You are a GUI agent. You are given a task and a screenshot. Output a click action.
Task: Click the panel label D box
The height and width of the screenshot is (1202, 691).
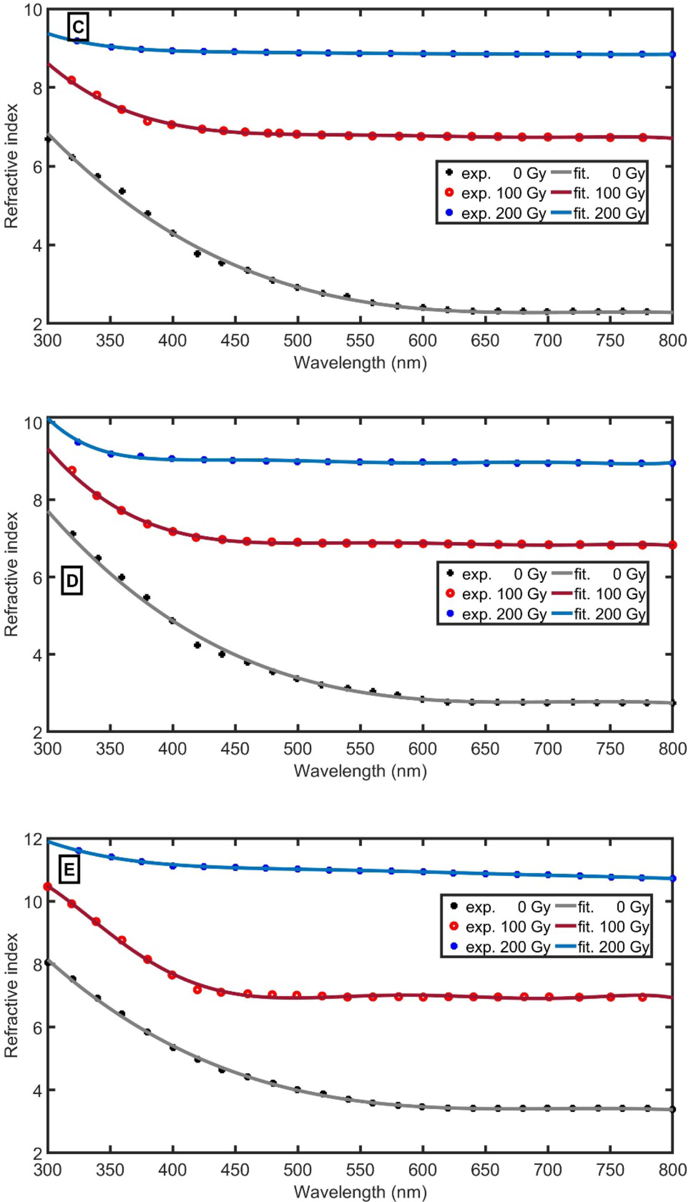tap(72, 581)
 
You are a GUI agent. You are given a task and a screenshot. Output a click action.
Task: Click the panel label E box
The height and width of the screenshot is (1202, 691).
tap(69, 870)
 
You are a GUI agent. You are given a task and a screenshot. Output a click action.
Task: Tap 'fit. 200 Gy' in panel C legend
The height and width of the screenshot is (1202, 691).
tap(609, 213)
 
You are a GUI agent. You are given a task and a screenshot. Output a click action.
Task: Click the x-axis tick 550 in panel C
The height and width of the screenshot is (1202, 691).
tap(360, 341)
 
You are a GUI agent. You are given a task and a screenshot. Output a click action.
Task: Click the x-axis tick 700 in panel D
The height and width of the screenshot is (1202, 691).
tap(547, 749)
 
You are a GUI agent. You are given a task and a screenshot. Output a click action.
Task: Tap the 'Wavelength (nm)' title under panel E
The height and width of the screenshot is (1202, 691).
tap(360, 1192)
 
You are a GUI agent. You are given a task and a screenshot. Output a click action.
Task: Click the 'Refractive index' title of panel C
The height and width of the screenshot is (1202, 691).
tap(12, 166)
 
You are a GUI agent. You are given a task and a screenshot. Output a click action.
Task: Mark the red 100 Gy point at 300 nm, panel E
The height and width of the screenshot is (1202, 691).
tap(48, 887)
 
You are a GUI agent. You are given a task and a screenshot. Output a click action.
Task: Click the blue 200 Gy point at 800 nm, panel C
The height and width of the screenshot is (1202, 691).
tap(673, 55)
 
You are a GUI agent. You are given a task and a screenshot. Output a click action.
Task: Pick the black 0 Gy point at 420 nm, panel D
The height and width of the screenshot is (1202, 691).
tap(197, 645)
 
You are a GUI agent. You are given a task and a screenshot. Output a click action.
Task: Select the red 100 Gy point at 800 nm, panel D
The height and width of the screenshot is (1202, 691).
tap(673, 545)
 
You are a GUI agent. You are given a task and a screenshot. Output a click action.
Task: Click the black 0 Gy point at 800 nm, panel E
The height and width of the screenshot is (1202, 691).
tap(673, 1109)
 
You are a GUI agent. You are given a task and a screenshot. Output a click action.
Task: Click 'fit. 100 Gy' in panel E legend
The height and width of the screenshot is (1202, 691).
tap(613, 927)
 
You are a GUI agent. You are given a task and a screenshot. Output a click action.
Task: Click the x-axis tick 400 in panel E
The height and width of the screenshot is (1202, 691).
tap(172, 1169)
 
